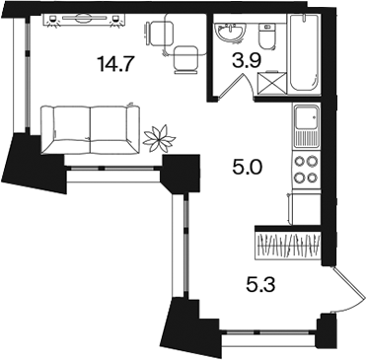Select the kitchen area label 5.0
coord(247,168)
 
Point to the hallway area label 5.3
coord(259,284)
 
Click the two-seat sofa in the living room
coord(91,129)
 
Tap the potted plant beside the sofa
coord(160,138)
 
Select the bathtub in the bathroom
coord(304,53)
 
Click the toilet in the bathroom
coord(267,36)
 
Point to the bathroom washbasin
coord(229,33)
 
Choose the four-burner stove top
coord(307,170)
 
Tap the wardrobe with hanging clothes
coord(288,246)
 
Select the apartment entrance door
coord(349,289)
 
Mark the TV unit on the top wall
coord(84,20)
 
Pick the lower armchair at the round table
coord(186,59)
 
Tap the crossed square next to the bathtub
coord(271,82)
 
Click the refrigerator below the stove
coord(306,208)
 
